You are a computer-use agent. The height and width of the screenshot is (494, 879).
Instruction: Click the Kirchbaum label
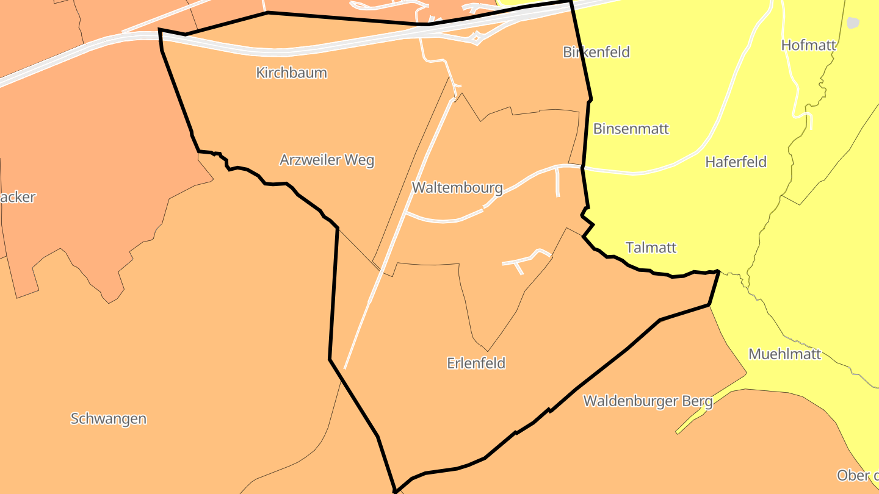pos(291,73)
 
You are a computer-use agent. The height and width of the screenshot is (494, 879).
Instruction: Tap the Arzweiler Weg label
pos(327,160)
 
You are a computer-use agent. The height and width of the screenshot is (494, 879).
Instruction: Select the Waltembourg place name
pos(457,187)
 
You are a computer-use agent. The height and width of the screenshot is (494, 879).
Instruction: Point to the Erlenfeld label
pos(476,363)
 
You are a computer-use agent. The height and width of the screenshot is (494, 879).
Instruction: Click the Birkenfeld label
pos(596,52)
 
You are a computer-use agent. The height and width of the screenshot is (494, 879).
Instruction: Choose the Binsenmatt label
pos(631,129)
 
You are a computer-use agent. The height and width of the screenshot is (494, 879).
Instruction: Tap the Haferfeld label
pos(736,162)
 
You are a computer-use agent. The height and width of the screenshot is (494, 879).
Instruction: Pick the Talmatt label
pos(651,248)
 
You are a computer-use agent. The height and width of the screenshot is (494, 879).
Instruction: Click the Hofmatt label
pos(808,45)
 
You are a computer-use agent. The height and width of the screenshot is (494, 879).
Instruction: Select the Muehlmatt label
pos(784,354)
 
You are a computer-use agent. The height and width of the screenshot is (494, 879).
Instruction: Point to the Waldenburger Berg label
pos(648,401)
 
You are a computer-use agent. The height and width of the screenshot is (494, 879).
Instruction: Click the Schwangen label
pos(109,419)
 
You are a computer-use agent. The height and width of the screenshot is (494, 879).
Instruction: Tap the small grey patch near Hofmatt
pos(853,23)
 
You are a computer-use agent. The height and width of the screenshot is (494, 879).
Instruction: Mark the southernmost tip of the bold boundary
pos(395,491)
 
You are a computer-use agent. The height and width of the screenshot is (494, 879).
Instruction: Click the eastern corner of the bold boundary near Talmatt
pos(718,271)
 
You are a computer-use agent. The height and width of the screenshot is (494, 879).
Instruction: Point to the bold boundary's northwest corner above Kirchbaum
pos(160,29)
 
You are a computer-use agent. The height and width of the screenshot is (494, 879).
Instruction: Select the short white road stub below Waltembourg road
pos(558,182)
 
